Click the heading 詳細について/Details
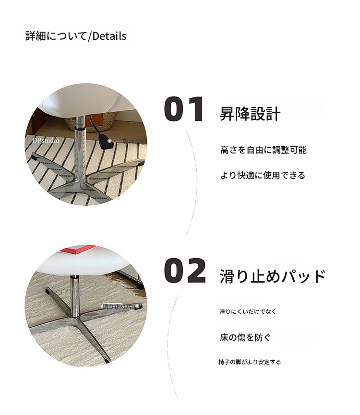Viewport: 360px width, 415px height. pos(76,36)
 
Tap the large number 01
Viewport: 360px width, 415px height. pos(184,109)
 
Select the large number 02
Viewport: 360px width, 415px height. pos(185,271)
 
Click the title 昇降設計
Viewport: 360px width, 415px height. pos(250,114)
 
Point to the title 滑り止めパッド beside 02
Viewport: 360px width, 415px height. pos(273,276)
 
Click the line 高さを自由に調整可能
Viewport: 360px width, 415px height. pos(264,150)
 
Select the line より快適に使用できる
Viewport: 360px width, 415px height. pos(263,175)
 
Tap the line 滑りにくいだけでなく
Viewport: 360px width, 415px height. pos(248,311)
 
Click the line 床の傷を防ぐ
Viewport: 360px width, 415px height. pos(245,337)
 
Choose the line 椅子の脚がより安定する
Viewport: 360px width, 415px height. pos(250,362)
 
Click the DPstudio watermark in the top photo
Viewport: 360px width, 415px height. pos(46,140)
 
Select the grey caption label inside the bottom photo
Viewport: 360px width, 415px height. pos(121,307)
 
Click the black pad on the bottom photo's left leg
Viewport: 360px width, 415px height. pos(48,292)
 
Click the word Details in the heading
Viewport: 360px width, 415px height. pos(109,36)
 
